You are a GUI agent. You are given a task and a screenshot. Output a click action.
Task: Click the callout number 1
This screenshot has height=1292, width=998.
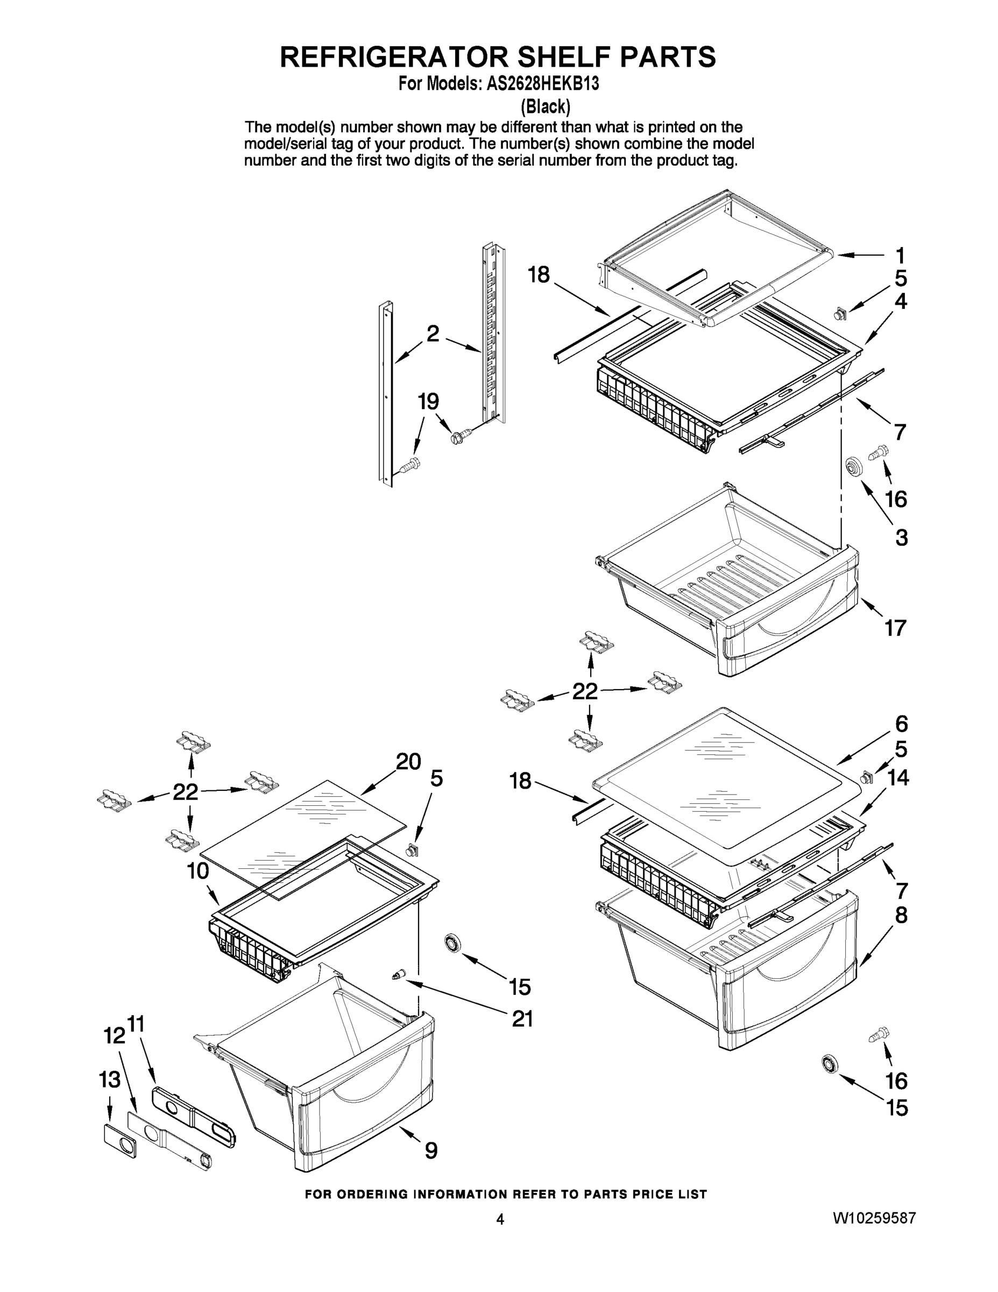pyautogui.click(x=899, y=256)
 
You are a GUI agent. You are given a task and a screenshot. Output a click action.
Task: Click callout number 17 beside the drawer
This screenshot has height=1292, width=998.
pyautogui.click(x=895, y=628)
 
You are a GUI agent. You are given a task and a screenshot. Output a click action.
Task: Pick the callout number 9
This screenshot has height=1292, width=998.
pyautogui.click(x=431, y=1150)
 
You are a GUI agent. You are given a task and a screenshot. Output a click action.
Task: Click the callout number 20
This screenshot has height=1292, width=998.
pyautogui.click(x=408, y=761)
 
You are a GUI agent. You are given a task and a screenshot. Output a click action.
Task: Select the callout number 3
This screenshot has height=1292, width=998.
pyautogui.click(x=901, y=538)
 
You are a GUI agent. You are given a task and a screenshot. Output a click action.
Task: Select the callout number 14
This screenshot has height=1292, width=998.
pyautogui.click(x=898, y=778)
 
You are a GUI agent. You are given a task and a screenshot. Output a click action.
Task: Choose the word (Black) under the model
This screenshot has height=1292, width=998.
pyautogui.click(x=544, y=107)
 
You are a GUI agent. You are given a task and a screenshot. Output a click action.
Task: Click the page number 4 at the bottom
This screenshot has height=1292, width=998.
pyautogui.click(x=500, y=1219)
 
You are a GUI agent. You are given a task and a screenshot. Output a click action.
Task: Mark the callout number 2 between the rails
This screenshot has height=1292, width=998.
pyautogui.click(x=433, y=334)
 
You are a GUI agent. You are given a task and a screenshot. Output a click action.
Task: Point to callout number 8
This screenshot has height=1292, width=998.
pyautogui.click(x=901, y=916)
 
